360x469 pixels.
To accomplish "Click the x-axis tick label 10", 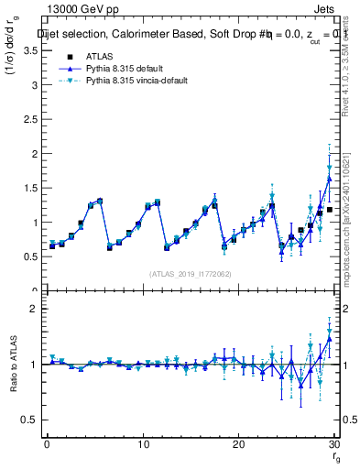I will tap(142, 445).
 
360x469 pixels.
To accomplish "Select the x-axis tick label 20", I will tap(238, 445).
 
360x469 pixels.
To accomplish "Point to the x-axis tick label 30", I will tap(333, 445).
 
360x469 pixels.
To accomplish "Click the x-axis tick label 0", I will tap(47, 445).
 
